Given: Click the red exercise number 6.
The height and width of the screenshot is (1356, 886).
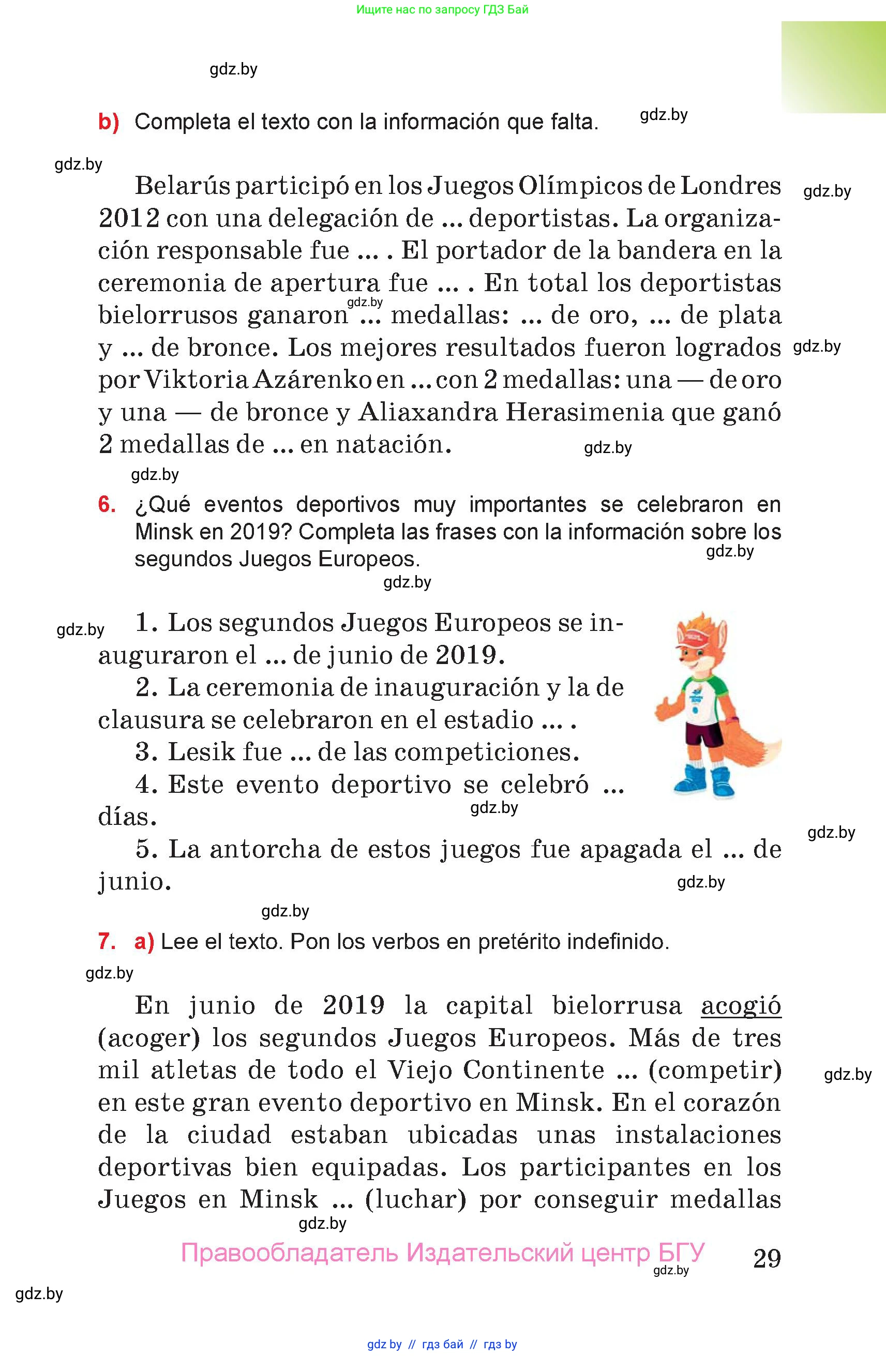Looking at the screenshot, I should pyautogui.click(x=107, y=505).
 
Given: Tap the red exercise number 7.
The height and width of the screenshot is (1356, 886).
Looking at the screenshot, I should pyautogui.click(x=107, y=941).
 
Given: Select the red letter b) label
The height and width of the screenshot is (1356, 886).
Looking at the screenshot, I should pyautogui.click(x=108, y=122).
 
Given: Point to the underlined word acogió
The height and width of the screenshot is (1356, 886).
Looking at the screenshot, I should pyautogui.click(x=741, y=1006).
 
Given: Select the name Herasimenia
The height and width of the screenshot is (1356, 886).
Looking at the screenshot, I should pyautogui.click(x=584, y=412).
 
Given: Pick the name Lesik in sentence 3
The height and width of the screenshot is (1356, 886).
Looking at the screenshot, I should pyautogui.click(x=200, y=752).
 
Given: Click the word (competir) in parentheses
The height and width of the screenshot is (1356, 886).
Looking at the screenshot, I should pyautogui.click(x=714, y=1070).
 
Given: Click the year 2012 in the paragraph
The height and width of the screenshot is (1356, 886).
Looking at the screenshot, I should pyautogui.click(x=129, y=218).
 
